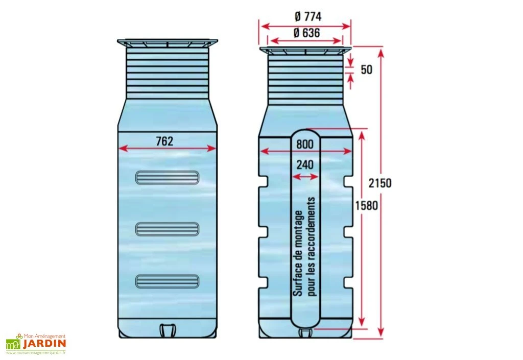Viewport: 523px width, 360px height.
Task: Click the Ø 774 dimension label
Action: [x=306, y=16]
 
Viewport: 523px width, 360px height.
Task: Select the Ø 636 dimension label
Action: [x=306, y=33]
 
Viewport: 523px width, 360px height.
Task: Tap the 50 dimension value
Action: [x=366, y=69]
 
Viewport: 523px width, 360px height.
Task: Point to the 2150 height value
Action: [x=380, y=182]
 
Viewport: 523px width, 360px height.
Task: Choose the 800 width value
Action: [x=305, y=144]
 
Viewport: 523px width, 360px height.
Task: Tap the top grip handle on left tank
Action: [x=167, y=177]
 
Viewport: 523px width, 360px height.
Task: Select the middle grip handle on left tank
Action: [x=167, y=229]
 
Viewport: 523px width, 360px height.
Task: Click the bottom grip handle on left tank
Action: [x=167, y=280]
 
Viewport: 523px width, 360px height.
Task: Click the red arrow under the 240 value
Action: [x=305, y=176]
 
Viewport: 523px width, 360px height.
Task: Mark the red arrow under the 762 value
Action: [x=167, y=149]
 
